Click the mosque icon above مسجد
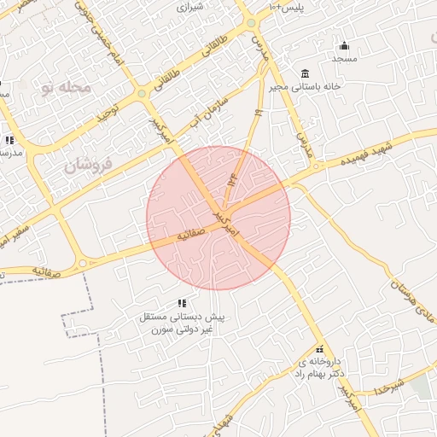[344, 45]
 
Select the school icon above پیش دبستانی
[182, 303]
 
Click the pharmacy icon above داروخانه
[320, 349]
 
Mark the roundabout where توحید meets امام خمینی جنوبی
[140, 94]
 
